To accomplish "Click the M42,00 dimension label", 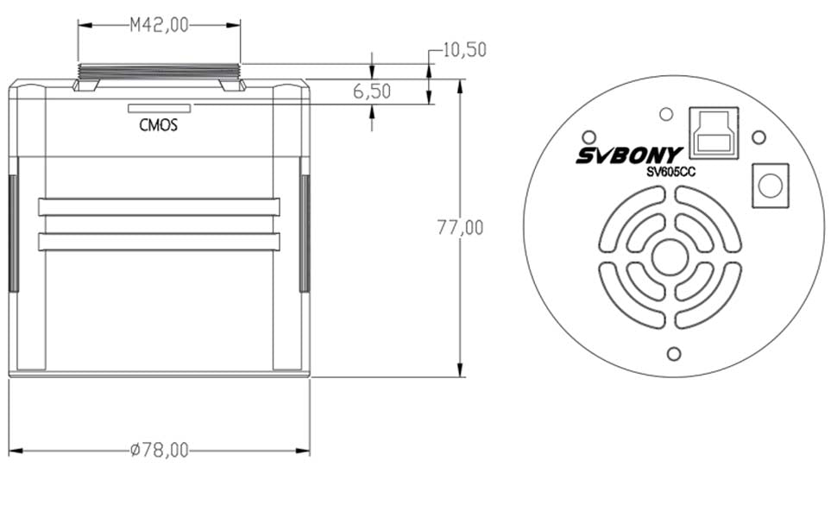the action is pyautogui.click(x=160, y=25).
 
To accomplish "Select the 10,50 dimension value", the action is pyautogui.click(x=465, y=50).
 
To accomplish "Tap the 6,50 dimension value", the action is pyautogui.click(x=372, y=92).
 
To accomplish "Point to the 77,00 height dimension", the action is pyautogui.click(x=460, y=228).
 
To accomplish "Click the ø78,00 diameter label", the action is pyautogui.click(x=160, y=450).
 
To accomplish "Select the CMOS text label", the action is pyautogui.click(x=159, y=125).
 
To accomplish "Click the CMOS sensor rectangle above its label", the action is pyautogui.click(x=159, y=109).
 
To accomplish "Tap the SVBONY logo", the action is pyautogui.click(x=629, y=155).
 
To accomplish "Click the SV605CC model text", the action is pyautogui.click(x=671, y=172).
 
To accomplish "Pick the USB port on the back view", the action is pyautogui.click(x=714, y=133).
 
